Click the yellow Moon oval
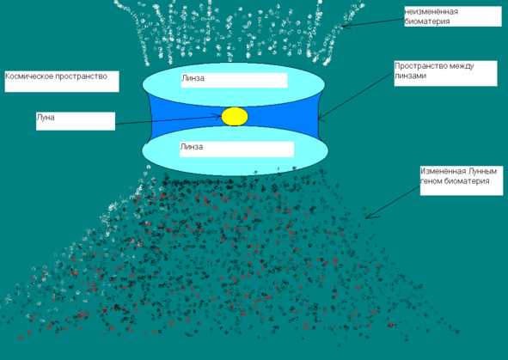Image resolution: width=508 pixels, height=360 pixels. point(235,117)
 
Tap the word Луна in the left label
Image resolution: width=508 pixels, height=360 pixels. point(46,118)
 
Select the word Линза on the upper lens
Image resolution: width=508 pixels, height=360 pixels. point(193,78)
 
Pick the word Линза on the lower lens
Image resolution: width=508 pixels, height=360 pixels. point(192,147)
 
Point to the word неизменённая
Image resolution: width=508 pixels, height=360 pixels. point(431,12)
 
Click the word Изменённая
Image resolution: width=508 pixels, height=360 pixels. point(443,171)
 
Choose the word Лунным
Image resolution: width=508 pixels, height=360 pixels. point(482,171)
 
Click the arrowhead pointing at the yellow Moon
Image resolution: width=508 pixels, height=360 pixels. point(217,116)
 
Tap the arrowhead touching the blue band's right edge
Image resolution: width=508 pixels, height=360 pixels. point(321,118)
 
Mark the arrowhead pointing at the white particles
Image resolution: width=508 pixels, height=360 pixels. point(345,27)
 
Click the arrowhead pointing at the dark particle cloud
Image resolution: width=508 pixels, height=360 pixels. point(370,216)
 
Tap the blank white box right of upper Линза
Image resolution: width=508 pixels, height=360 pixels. point(246,80)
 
